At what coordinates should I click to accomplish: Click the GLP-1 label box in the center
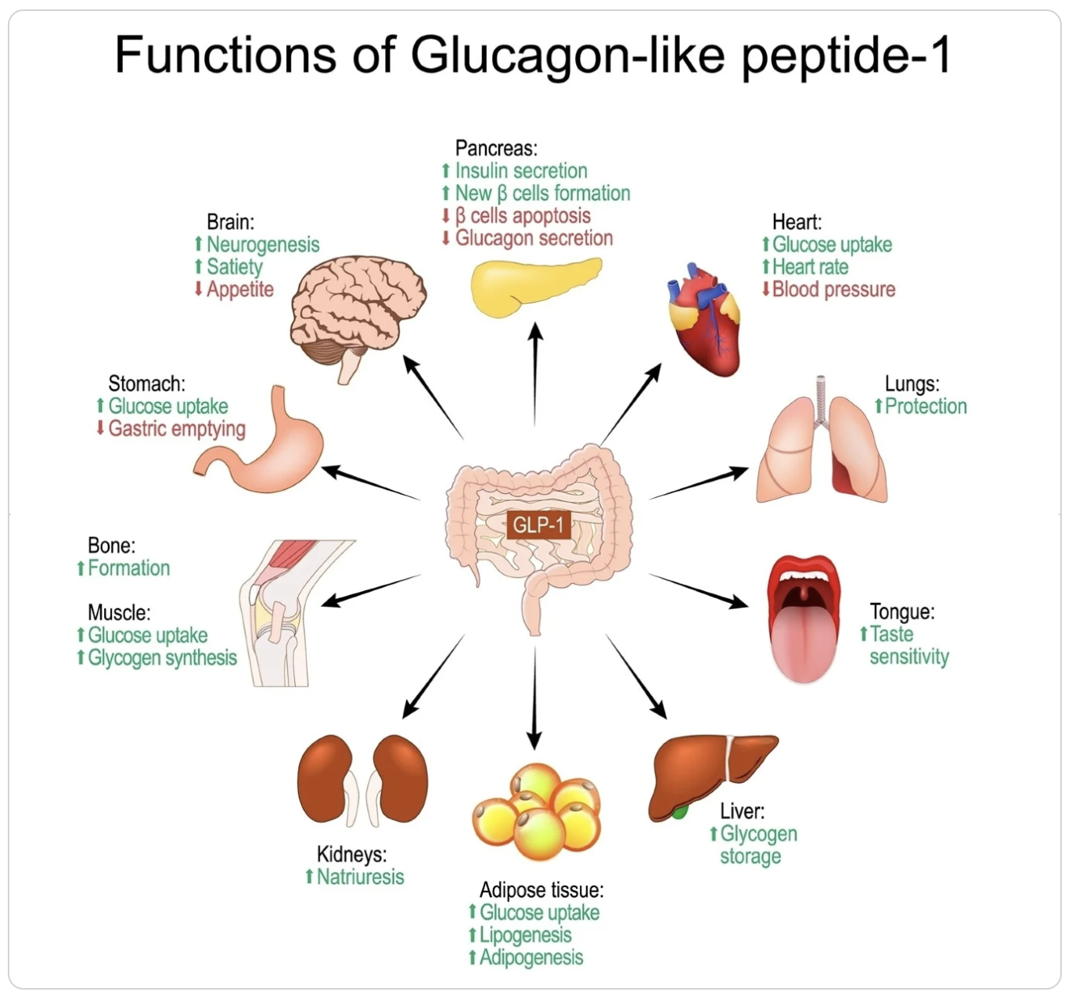coord(538,524)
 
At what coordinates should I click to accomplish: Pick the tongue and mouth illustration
coord(803,619)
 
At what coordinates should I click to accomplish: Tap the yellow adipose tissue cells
coord(537,810)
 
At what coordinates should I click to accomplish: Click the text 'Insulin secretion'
coord(521,171)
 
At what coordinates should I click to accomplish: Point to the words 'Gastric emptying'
coord(177,429)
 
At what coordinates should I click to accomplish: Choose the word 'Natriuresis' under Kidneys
coord(360,877)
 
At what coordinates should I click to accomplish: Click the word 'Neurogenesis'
coord(263,245)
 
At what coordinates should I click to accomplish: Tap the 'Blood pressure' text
coord(833,290)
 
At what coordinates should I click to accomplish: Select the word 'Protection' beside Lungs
coord(926,406)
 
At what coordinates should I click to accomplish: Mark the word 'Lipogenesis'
coord(525,935)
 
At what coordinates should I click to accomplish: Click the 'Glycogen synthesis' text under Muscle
coord(162,658)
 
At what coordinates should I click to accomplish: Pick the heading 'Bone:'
coord(111,545)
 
